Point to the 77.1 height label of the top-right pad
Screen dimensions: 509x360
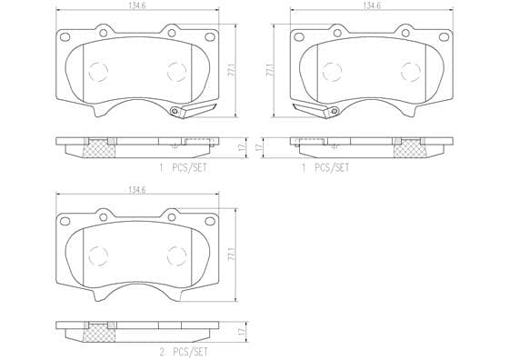click(270, 71)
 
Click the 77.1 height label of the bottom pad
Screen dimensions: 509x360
click(232, 255)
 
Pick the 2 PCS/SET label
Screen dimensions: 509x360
click(183, 352)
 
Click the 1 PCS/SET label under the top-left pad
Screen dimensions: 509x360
click(183, 168)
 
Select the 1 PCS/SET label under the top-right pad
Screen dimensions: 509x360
click(325, 168)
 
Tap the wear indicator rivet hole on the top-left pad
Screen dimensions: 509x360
click(175, 111)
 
